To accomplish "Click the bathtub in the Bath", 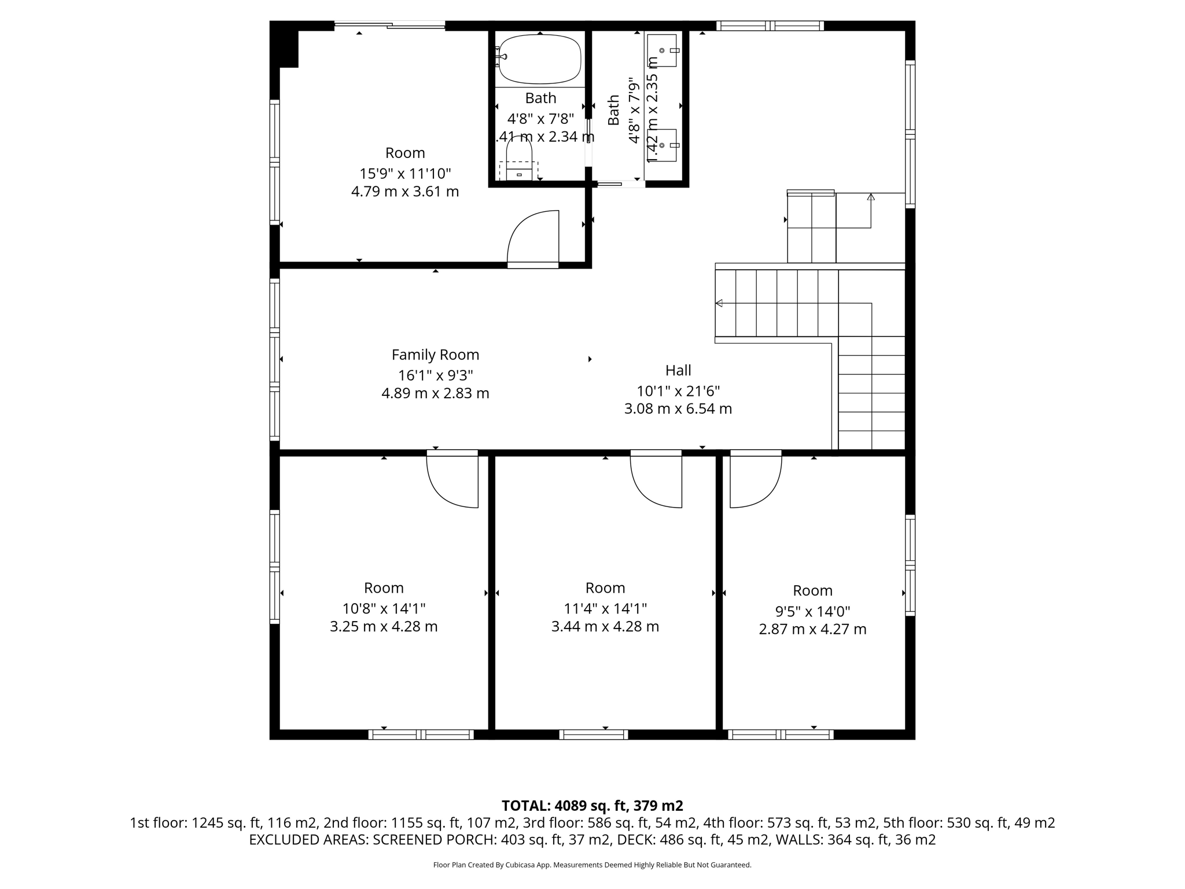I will click(x=539, y=60).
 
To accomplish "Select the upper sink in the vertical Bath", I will click(x=662, y=50).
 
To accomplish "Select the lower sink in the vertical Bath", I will click(x=662, y=145).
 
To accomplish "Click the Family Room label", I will click(x=435, y=355).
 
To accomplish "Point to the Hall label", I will click(x=678, y=370).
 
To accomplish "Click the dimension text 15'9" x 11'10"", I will click(x=405, y=174).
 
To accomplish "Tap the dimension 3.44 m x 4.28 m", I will click(x=605, y=626).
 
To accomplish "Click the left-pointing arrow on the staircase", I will click(x=719, y=303).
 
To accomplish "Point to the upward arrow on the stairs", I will click(x=871, y=197).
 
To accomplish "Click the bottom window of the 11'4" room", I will click(x=594, y=734).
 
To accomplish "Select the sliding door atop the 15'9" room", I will click(x=389, y=25).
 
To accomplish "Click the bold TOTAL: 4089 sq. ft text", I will click(x=592, y=806).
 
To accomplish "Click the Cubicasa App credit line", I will click(x=592, y=865).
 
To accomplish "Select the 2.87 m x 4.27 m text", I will click(x=812, y=629).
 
